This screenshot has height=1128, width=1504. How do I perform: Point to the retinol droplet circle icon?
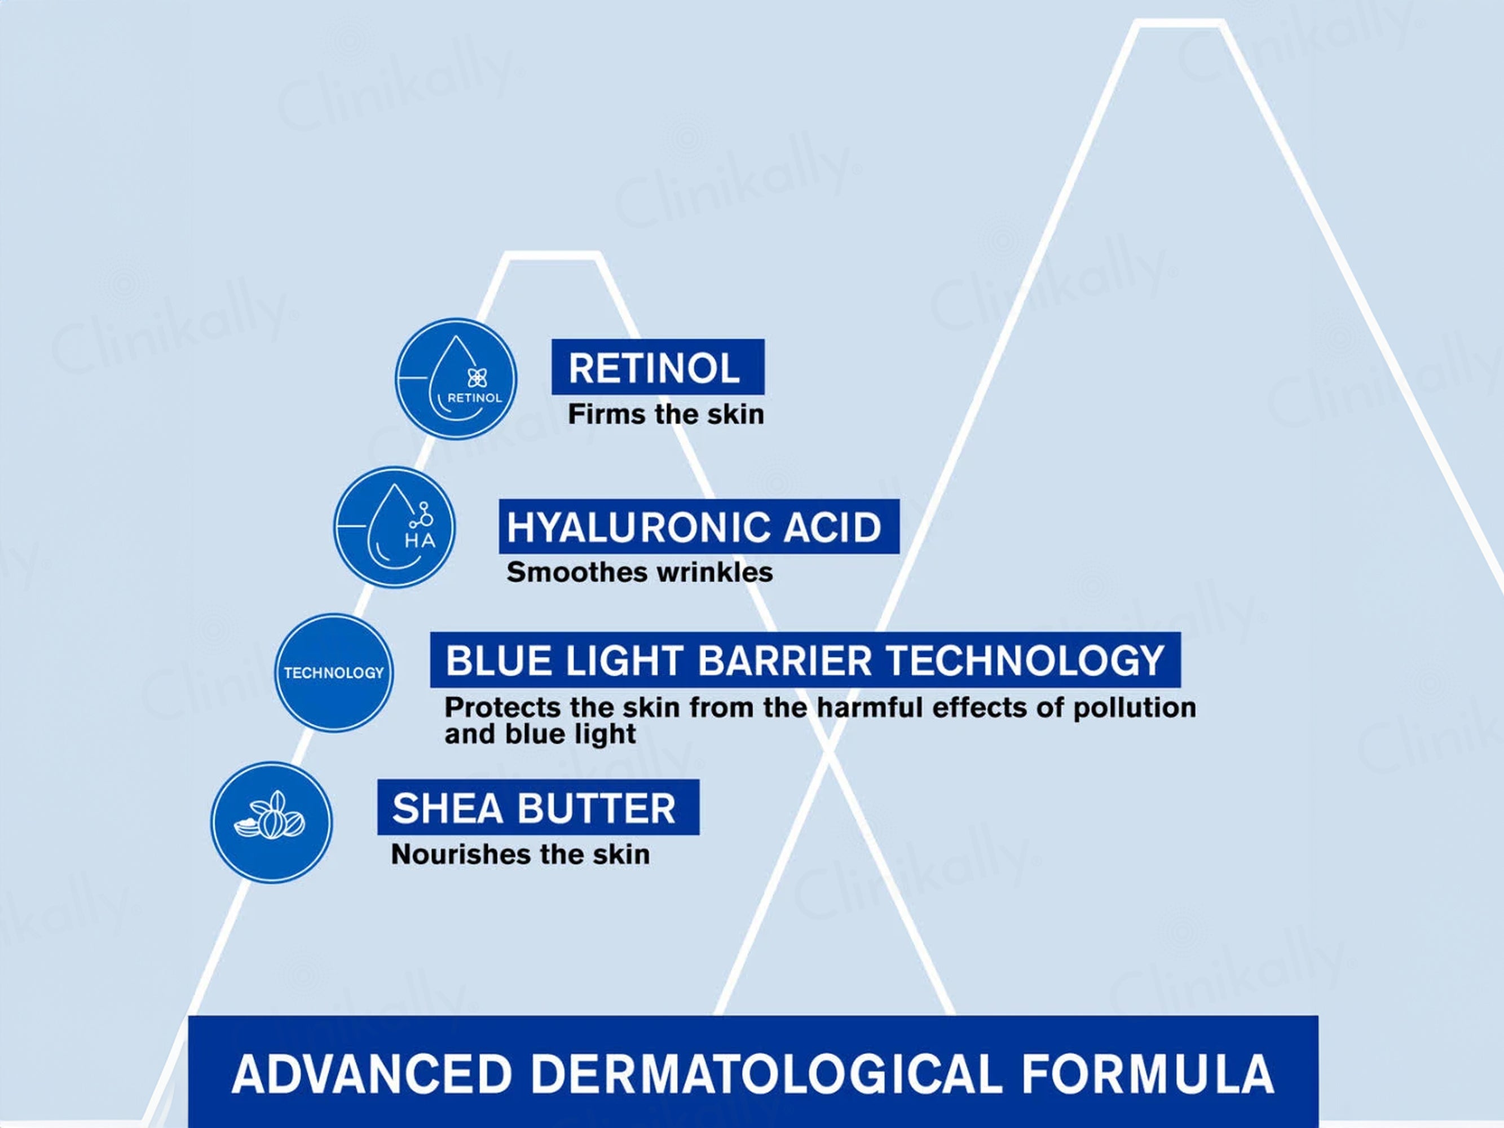pyautogui.click(x=456, y=378)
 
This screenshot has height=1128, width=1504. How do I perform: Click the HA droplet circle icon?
pyautogui.click(x=394, y=527)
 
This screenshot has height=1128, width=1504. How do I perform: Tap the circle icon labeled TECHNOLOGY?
pyautogui.click(x=334, y=672)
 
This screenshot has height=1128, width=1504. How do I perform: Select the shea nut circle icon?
pyautogui.click(x=271, y=822)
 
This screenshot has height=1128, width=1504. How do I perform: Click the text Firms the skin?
pyautogui.click(x=665, y=414)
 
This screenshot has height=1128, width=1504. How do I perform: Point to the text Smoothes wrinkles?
pyautogui.click(x=639, y=572)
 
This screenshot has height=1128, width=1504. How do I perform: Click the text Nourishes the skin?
pyautogui.click(x=520, y=854)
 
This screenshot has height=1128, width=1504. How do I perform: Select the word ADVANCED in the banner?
pyautogui.click(x=372, y=1074)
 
